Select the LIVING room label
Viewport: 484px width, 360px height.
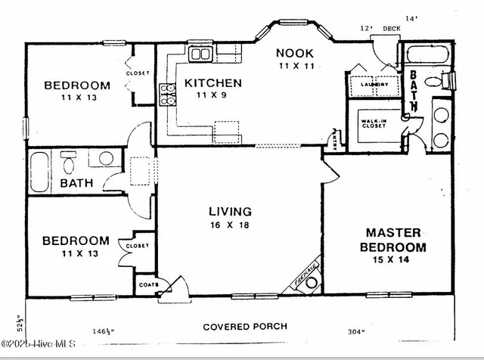tap(231, 212)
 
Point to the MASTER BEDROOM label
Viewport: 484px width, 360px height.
tap(396, 241)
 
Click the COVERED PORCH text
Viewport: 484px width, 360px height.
tap(245, 327)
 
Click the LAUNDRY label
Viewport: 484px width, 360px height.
tap(374, 85)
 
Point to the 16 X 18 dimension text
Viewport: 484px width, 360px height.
tap(231, 225)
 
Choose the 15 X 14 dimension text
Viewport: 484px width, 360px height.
tap(396, 260)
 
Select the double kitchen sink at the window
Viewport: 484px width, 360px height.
tap(200, 54)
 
